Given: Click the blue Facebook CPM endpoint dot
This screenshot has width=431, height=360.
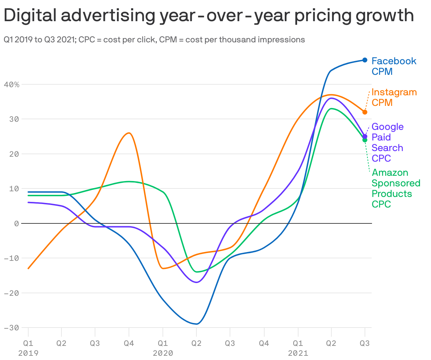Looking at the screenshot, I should click(x=365, y=60).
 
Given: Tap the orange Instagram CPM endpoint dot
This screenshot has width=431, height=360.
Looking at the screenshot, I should click(x=365, y=112).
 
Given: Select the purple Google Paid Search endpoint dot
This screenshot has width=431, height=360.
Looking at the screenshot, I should click(x=365, y=136).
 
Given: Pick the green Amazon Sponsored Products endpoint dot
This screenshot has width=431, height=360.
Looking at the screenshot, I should click(x=365, y=140).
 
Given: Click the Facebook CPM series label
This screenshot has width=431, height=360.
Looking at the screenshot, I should click(x=394, y=66).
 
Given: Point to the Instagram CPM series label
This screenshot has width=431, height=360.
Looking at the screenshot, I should click(x=394, y=97).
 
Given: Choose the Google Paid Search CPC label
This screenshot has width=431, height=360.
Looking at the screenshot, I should click(x=387, y=142).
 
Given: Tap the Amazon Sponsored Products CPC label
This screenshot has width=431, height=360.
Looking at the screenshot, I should click(x=396, y=188).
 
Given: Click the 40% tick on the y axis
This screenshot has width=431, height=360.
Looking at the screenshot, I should click(x=12, y=84).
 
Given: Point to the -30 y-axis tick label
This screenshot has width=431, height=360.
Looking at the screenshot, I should click(x=12, y=328).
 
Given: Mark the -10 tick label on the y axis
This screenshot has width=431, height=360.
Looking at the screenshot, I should click(x=12, y=258).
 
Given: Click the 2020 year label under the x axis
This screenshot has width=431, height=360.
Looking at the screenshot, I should click(x=163, y=353).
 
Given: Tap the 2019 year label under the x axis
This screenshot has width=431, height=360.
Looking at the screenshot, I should click(x=28, y=353).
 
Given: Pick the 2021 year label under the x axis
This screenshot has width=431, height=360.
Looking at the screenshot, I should click(x=298, y=353).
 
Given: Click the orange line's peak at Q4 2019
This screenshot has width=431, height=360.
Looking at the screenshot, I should click(x=129, y=133).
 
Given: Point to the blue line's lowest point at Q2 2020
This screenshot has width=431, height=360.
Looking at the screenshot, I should click(x=197, y=324).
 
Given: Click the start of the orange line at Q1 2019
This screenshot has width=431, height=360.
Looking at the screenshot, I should click(x=28, y=268).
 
